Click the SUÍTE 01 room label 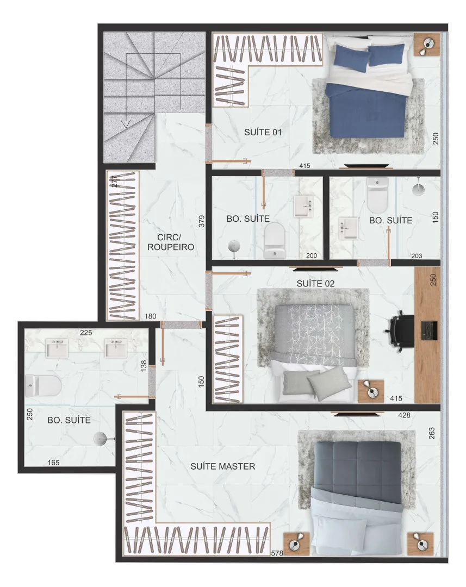(x=263, y=132)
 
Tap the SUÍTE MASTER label (x=223, y=466)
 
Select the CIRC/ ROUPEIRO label (x=170, y=242)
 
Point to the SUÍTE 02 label (x=315, y=283)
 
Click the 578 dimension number (x=277, y=553)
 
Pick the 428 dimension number (x=404, y=415)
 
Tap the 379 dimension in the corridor (x=202, y=221)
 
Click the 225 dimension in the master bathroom (x=86, y=333)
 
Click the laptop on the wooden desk (x=429, y=330)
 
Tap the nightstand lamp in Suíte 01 (x=427, y=46)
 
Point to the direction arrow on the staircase (x=126, y=123)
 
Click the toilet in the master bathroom (x=44, y=386)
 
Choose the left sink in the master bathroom (x=57, y=347)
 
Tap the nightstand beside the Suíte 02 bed (x=370, y=391)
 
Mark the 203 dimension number (x=417, y=256)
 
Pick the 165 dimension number (x=54, y=463)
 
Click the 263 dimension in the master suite (x=432, y=433)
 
